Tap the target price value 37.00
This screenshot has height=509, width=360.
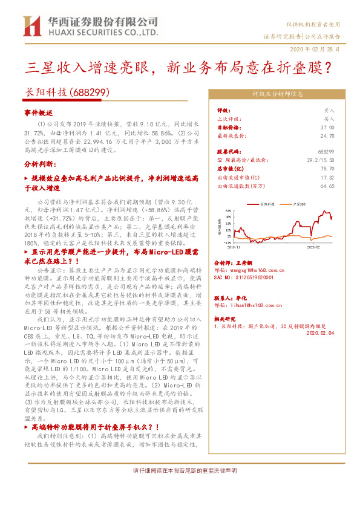click(327, 128)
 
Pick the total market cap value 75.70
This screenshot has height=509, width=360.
click(327, 170)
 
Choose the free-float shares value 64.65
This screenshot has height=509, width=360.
click(327, 187)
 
